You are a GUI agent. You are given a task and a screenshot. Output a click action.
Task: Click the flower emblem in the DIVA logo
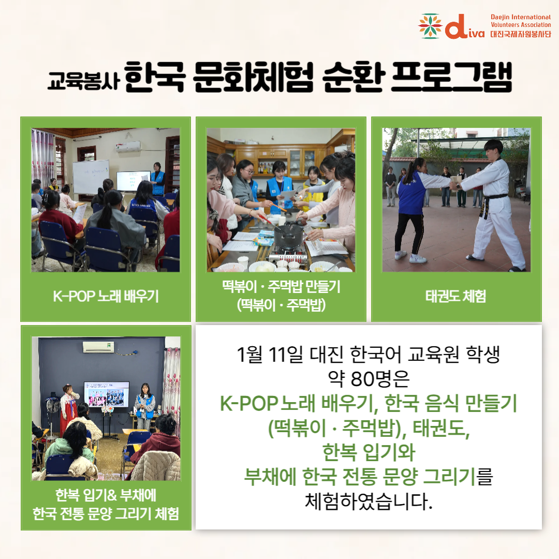(430, 26)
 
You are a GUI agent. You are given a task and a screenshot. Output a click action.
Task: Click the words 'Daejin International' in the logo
(521, 17)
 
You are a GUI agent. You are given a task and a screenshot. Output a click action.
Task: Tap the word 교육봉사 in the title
(83, 81)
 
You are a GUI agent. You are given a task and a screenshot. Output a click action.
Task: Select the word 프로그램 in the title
(451, 77)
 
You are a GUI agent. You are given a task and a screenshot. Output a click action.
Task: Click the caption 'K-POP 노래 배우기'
(106, 296)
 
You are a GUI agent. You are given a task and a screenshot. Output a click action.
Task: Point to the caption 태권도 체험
(456, 296)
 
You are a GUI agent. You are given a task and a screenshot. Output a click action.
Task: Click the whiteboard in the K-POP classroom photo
(91, 177)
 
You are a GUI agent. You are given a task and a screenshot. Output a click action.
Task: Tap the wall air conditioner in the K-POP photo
(128, 146)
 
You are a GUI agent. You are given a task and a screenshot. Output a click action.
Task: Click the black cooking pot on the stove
(288, 236)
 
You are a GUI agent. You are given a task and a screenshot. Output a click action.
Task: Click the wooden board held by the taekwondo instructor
(454, 184)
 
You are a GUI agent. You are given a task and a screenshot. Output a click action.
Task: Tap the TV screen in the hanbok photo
(107, 394)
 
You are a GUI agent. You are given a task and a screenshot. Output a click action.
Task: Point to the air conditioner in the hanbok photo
(98, 347)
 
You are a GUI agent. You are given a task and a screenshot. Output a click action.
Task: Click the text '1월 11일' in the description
(270, 355)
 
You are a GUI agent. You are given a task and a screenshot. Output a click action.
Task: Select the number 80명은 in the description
(380, 379)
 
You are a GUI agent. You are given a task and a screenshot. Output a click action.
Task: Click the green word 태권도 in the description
(441, 428)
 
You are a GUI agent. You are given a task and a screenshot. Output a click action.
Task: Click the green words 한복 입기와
(369, 452)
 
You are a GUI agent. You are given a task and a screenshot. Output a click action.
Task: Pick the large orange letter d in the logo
(458, 26)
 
